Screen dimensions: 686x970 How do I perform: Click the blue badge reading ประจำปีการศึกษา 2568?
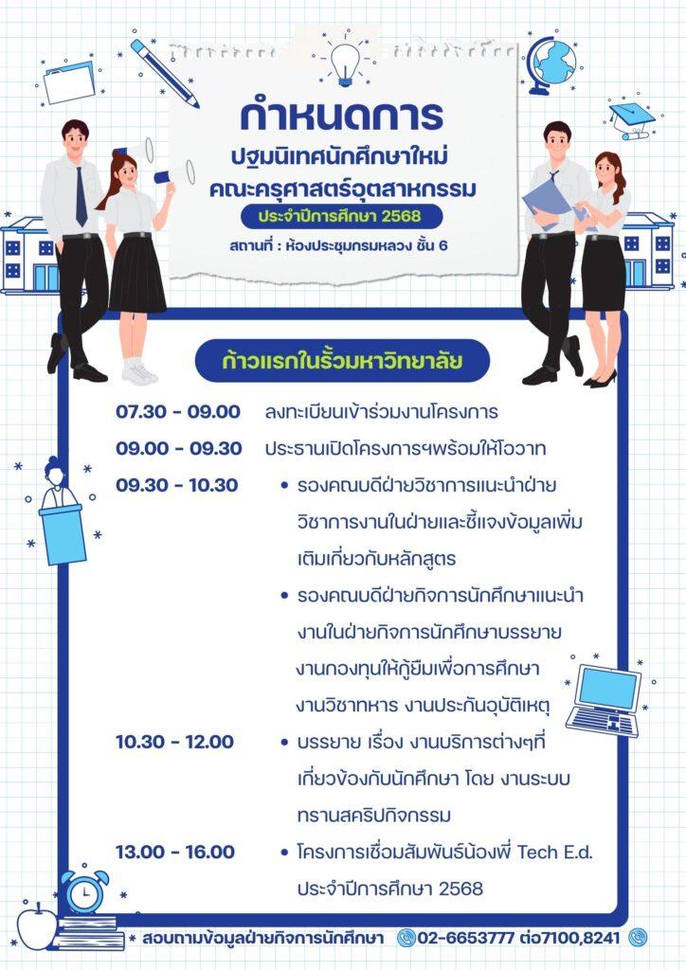click(x=341, y=217)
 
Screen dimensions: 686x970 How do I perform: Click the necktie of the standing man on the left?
click(x=81, y=196)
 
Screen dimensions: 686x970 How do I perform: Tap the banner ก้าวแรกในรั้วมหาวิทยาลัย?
click(x=342, y=361)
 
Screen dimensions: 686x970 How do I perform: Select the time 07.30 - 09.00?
click(x=178, y=412)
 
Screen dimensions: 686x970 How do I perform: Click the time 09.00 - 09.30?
click(x=179, y=448)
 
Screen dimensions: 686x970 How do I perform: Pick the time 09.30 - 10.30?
click(x=177, y=485)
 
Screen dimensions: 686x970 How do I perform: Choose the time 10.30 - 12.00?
click(x=175, y=742)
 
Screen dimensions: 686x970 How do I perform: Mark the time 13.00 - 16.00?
click(x=175, y=852)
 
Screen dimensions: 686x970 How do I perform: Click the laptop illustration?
click(x=605, y=700)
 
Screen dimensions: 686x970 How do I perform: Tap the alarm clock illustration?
click(x=84, y=891)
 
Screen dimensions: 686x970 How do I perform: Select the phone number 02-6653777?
click(x=465, y=937)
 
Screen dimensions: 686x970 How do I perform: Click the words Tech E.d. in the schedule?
click(x=555, y=853)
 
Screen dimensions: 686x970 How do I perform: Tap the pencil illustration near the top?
click(x=165, y=74)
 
